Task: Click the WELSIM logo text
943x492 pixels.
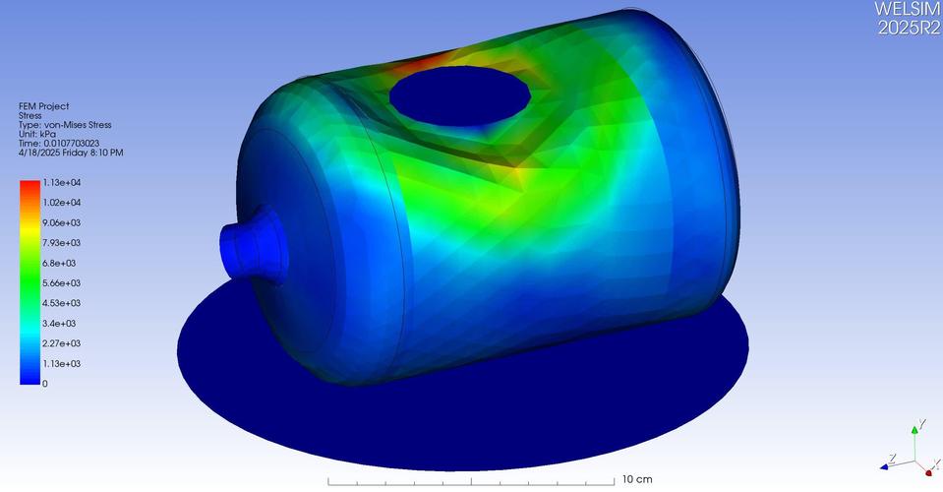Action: pos(908,9)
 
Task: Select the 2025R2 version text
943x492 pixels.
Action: pos(910,28)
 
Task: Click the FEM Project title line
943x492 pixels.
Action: pos(43,106)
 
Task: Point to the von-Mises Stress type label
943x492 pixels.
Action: pos(65,125)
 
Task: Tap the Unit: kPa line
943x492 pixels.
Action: pos(37,134)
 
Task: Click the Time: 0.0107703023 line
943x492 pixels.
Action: pos(59,143)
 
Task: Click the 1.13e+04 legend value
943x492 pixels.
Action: pos(61,183)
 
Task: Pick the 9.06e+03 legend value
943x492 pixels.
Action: pos(61,223)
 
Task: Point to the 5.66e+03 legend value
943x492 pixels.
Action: pos(61,283)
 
